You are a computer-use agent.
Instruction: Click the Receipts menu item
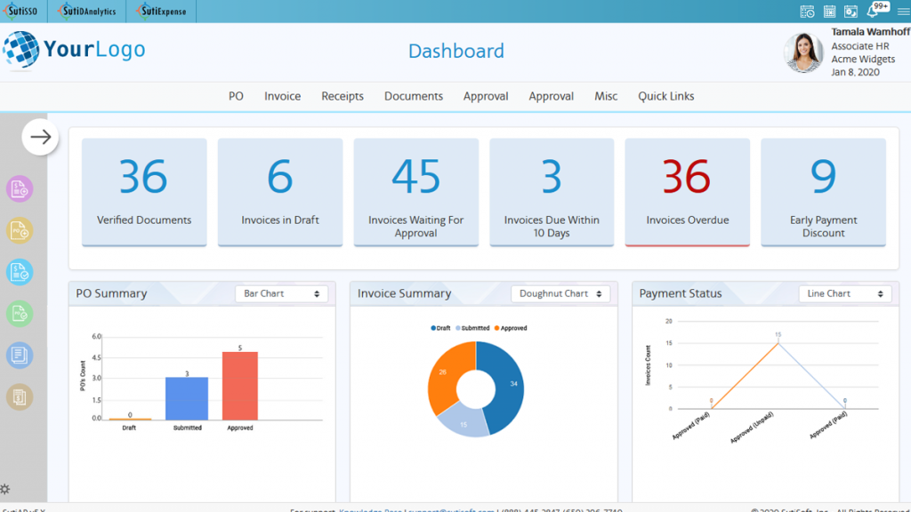(x=343, y=96)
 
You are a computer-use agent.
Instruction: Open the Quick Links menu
(x=665, y=96)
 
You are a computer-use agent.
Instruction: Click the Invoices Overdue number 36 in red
(x=687, y=178)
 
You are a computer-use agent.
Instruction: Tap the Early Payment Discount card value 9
(x=823, y=178)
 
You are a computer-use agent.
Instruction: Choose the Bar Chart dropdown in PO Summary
(x=281, y=293)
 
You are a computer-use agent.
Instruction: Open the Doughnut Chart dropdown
(x=560, y=293)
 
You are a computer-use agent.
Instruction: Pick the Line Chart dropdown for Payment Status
(x=844, y=293)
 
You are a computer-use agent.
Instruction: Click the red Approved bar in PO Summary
(x=240, y=386)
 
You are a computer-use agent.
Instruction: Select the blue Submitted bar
(x=187, y=398)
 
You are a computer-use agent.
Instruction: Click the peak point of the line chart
(x=778, y=342)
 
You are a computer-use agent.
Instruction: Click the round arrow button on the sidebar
(x=40, y=137)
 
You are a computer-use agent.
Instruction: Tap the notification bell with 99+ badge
(x=875, y=12)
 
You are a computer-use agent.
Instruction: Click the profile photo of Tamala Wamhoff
(x=803, y=53)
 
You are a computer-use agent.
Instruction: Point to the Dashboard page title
(x=455, y=52)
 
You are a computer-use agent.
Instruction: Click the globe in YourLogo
(x=20, y=50)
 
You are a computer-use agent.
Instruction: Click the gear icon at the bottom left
(x=5, y=489)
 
